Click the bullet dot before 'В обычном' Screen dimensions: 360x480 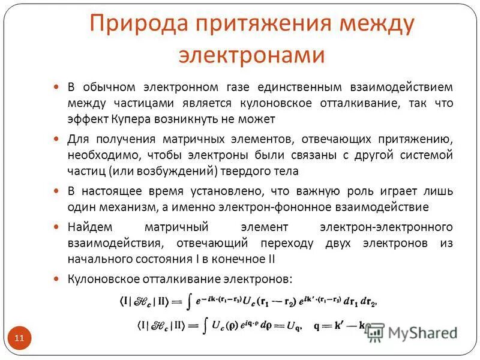point(57,87)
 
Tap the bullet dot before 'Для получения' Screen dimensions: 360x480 point(57,139)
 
